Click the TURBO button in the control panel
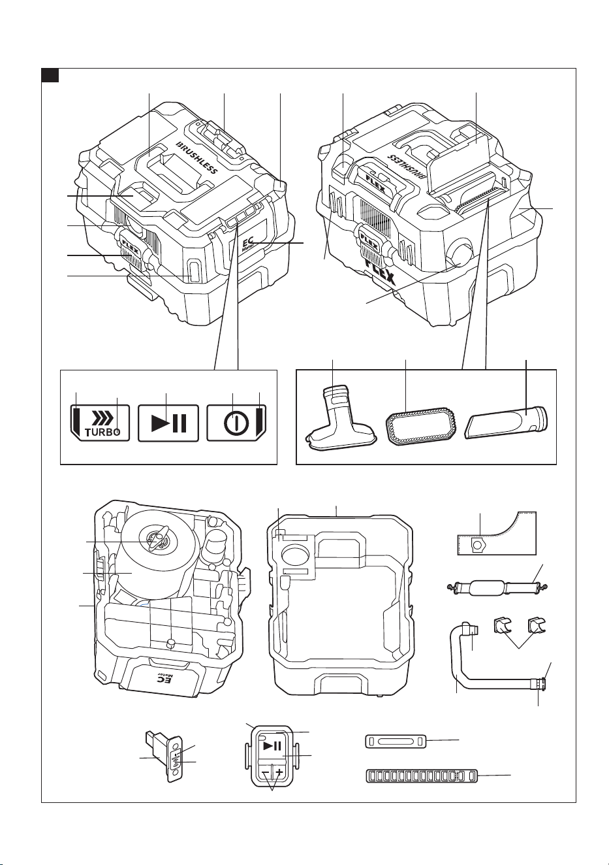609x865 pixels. click(x=100, y=423)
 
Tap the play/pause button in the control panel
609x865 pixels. click(x=168, y=423)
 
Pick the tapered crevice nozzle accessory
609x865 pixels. click(x=507, y=422)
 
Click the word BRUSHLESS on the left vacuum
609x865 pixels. click(x=196, y=158)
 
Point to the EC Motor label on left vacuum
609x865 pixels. click(x=247, y=246)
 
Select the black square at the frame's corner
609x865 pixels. click(x=50, y=75)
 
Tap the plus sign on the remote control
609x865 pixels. click(x=279, y=772)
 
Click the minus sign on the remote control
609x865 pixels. click(x=265, y=772)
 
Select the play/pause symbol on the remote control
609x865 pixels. click(x=272, y=745)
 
